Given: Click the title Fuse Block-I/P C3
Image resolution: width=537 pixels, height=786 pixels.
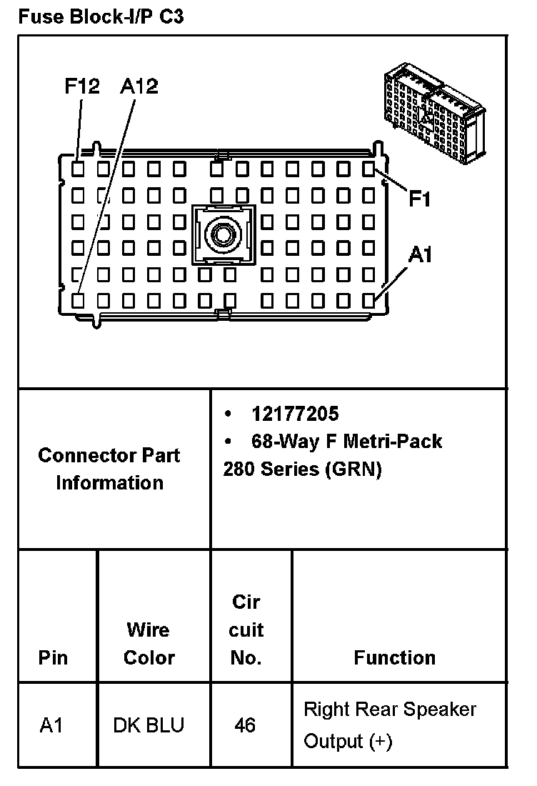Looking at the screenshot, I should (x=101, y=17).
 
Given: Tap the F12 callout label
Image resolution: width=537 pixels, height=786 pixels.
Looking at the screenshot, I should (x=81, y=87).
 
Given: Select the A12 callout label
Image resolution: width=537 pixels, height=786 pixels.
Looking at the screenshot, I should (x=139, y=87).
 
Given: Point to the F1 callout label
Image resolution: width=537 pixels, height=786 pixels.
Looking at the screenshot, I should (x=420, y=199).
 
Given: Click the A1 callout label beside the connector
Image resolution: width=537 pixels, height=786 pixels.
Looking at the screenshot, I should (x=420, y=255).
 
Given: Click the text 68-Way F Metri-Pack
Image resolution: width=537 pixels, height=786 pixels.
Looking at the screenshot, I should (x=346, y=441).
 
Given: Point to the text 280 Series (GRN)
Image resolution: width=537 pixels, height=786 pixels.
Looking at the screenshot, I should (x=302, y=469).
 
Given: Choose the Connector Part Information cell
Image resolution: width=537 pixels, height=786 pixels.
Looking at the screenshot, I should (x=109, y=469).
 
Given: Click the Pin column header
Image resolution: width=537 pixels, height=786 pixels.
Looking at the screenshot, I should (x=54, y=657).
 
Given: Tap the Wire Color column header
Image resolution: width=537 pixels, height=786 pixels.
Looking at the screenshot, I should (x=149, y=643).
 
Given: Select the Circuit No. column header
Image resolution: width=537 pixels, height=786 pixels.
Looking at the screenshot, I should (x=246, y=630).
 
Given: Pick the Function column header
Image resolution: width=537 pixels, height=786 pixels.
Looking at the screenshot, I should (x=394, y=657).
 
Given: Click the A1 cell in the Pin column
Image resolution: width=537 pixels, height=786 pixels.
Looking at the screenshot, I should (x=51, y=725).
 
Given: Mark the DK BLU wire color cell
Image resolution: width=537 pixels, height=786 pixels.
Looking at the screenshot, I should (x=149, y=725).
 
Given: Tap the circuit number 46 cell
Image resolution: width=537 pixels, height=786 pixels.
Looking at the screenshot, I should (x=245, y=725).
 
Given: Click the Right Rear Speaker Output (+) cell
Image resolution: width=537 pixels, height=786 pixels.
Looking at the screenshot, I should (x=390, y=725).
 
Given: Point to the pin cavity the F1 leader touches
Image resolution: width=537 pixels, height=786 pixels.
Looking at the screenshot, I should (x=368, y=169).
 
